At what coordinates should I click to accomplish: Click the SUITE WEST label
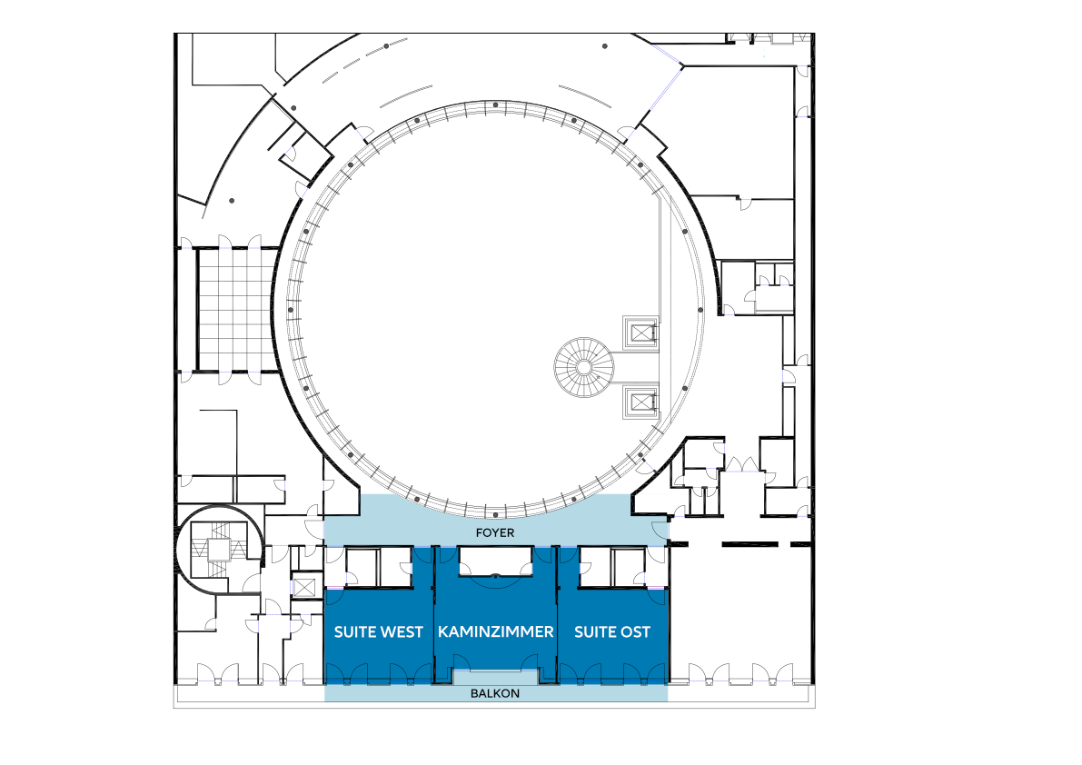pyautogui.click(x=378, y=631)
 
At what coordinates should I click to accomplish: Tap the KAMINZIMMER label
pyautogui.click(x=495, y=631)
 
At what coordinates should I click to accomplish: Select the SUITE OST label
pyautogui.click(x=612, y=631)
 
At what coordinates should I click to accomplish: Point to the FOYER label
pyautogui.click(x=495, y=532)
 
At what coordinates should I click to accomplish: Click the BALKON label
pyautogui.click(x=495, y=693)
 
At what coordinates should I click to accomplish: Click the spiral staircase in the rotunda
pyautogui.click(x=584, y=367)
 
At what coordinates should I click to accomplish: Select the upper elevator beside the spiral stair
pyautogui.click(x=640, y=333)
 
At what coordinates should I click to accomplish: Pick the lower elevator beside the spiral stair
pyautogui.click(x=640, y=402)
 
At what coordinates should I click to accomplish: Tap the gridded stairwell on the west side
pyautogui.click(x=231, y=310)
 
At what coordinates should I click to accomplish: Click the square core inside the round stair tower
pyautogui.click(x=220, y=549)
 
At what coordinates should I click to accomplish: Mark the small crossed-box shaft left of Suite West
pyautogui.click(x=304, y=588)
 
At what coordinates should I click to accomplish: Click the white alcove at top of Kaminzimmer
pyautogui.click(x=495, y=561)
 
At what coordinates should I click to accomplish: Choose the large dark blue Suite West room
pyautogui.click(x=378, y=635)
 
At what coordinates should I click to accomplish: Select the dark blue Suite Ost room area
pyautogui.click(x=612, y=635)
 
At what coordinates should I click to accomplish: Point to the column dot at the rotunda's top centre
pyautogui.click(x=495, y=104)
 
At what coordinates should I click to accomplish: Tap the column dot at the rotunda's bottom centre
pyautogui.click(x=495, y=514)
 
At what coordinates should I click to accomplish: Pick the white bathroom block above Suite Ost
pyautogui.click(x=611, y=567)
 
